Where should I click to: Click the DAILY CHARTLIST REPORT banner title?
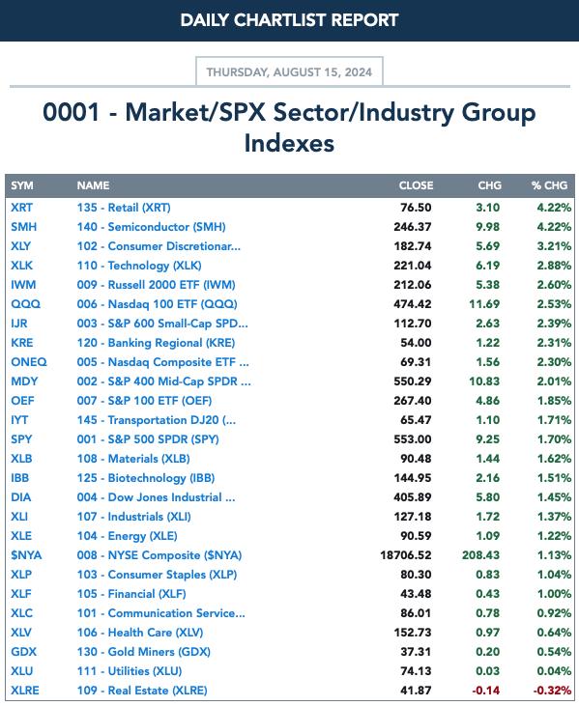tap(289, 20)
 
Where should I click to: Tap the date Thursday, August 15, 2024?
tap(289, 72)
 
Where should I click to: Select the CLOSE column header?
tap(416, 185)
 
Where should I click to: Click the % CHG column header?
tap(549, 185)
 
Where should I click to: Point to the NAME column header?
tap(93, 185)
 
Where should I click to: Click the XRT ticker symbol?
tap(21, 208)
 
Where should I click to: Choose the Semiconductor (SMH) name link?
tap(152, 227)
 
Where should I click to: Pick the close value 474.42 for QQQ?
tap(413, 304)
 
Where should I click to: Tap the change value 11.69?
tap(484, 304)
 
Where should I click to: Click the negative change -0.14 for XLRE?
tap(486, 691)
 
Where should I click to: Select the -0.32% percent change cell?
tap(552, 691)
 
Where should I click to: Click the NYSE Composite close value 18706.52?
tap(406, 555)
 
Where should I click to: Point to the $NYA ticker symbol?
tap(26, 555)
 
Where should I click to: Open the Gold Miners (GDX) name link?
tap(144, 652)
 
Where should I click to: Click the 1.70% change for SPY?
tap(554, 439)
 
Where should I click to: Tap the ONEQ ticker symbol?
tap(29, 362)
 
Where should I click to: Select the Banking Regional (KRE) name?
tap(156, 343)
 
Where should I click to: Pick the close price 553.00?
tap(413, 439)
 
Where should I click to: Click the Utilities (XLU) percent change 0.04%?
tap(554, 671)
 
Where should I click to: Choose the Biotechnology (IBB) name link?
tap(146, 478)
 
